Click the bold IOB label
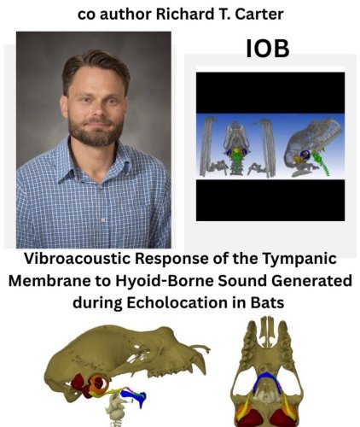[267, 49]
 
